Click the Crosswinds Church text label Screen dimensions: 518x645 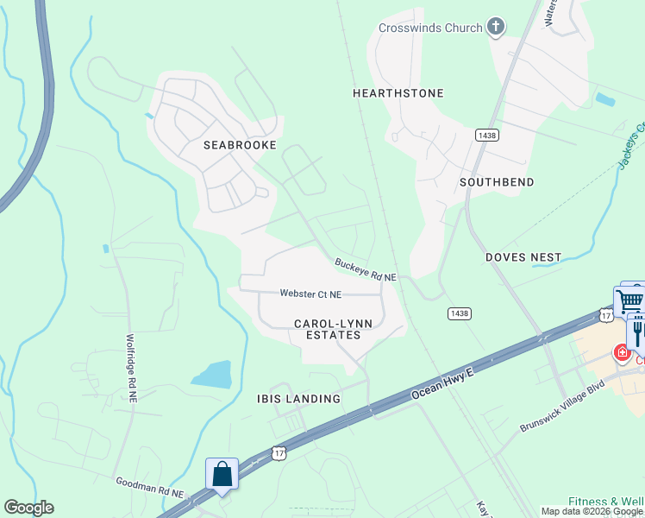[430, 28]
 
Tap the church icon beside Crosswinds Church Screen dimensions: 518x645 [495, 28]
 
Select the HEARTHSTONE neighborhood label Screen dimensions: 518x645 [398, 92]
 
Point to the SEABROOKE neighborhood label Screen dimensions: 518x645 [240, 145]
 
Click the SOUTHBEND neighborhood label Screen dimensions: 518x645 [497, 182]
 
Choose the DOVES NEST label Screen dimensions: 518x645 [523, 257]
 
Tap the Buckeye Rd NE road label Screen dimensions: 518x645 [366, 270]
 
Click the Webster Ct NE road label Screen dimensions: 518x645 [310, 294]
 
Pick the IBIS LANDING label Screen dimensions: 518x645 [298, 399]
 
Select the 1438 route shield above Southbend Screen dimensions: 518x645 [486, 135]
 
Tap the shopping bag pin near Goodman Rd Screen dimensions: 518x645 [222, 474]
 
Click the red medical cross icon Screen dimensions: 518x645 [622, 351]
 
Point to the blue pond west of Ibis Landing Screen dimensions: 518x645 [212, 375]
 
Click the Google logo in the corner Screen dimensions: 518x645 [28, 508]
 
